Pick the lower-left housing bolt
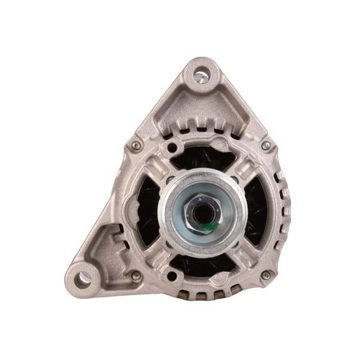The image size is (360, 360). pyautogui.click(x=134, y=276)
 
